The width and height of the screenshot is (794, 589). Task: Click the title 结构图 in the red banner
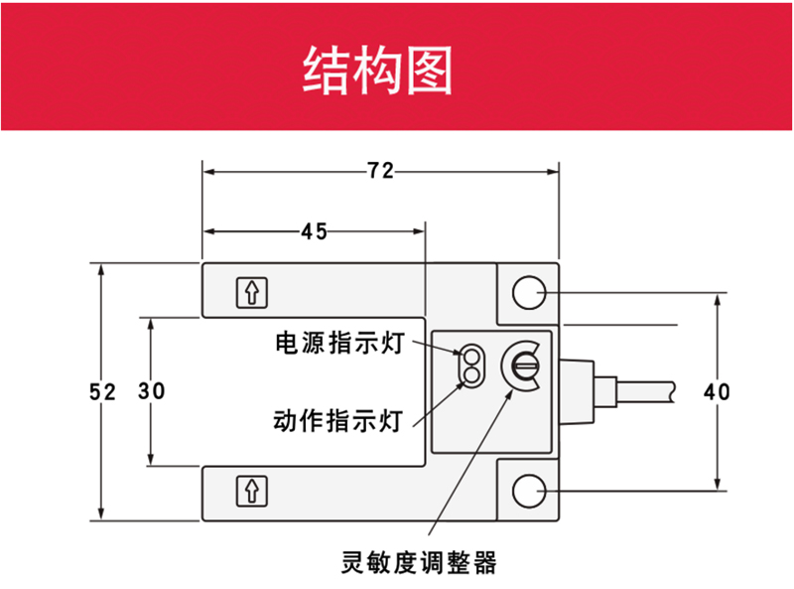[x=377, y=70]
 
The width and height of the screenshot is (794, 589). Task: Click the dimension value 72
[x=380, y=171]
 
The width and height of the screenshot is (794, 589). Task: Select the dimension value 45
[x=314, y=231]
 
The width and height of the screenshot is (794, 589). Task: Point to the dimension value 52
[x=102, y=391]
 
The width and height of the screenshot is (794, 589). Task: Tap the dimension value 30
[x=152, y=390]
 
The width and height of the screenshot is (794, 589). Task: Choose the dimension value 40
[x=717, y=391]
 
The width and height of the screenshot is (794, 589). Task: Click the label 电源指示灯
[x=339, y=343]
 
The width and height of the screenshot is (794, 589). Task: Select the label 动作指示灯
[x=337, y=421]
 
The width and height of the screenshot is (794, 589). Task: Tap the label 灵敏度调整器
[x=419, y=562]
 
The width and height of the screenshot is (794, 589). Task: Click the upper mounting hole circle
[x=529, y=292]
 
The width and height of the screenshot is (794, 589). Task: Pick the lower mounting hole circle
[x=529, y=491]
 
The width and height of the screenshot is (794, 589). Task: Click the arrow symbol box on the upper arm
[x=252, y=292]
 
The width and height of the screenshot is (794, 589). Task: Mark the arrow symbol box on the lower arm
[x=252, y=491]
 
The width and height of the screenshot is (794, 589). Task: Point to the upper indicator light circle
[x=471, y=356]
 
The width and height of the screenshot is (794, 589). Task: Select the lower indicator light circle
[x=471, y=375]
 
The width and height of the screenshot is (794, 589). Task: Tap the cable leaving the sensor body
[x=646, y=391]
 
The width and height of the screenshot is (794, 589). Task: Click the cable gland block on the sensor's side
[x=577, y=391]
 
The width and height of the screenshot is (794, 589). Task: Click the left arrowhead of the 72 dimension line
[x=208, y=172]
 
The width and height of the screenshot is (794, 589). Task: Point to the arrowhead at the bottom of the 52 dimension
[x=102, y=514]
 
